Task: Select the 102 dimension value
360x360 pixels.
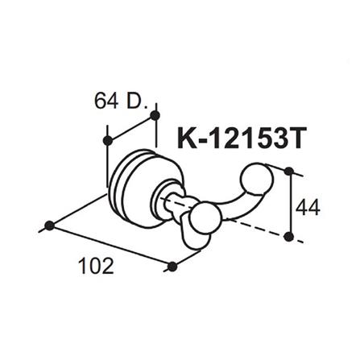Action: tap(97, 264)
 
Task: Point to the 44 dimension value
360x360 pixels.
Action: tap(308, 208)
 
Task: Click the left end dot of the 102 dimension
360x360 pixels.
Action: tap(49, 225)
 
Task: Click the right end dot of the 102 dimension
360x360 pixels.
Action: tap(172, 266)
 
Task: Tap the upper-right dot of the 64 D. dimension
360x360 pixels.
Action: tap(155, 118)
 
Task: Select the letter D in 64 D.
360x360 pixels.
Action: tap(132, 101)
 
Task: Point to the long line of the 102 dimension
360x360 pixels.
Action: tap(111, 246)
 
